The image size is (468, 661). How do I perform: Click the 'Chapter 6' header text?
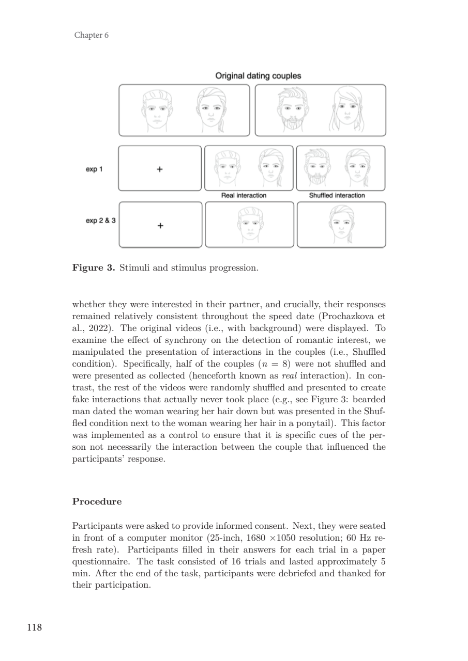(x=91, y=35)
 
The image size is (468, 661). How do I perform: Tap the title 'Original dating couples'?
(x=258, y=76)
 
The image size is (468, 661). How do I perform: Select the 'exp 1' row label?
(x=93, y=168)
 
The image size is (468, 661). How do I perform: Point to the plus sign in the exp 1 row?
(x=160, y=169)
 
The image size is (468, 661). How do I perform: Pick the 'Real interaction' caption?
(x=244, y=196)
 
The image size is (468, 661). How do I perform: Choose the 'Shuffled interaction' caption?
(x=337, y=196)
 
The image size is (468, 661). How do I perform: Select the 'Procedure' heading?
(x=97, y=501)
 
